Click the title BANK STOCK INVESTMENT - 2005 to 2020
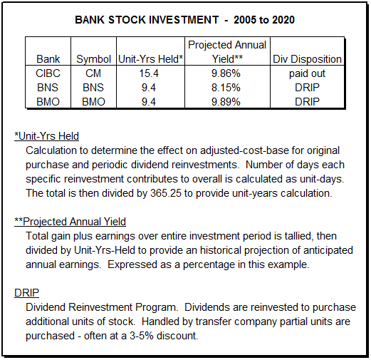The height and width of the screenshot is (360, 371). (x=185, y=19)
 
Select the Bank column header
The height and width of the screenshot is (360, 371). (x=48, y=58)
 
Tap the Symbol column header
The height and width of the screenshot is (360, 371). (x=94, y=58)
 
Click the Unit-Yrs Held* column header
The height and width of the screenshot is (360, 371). (x=150, y=58)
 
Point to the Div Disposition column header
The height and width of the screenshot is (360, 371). (x=307, y=58)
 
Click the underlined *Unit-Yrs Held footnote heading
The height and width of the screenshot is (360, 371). (x=47, y=135)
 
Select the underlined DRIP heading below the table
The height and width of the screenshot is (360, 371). (x=27, y=292)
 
